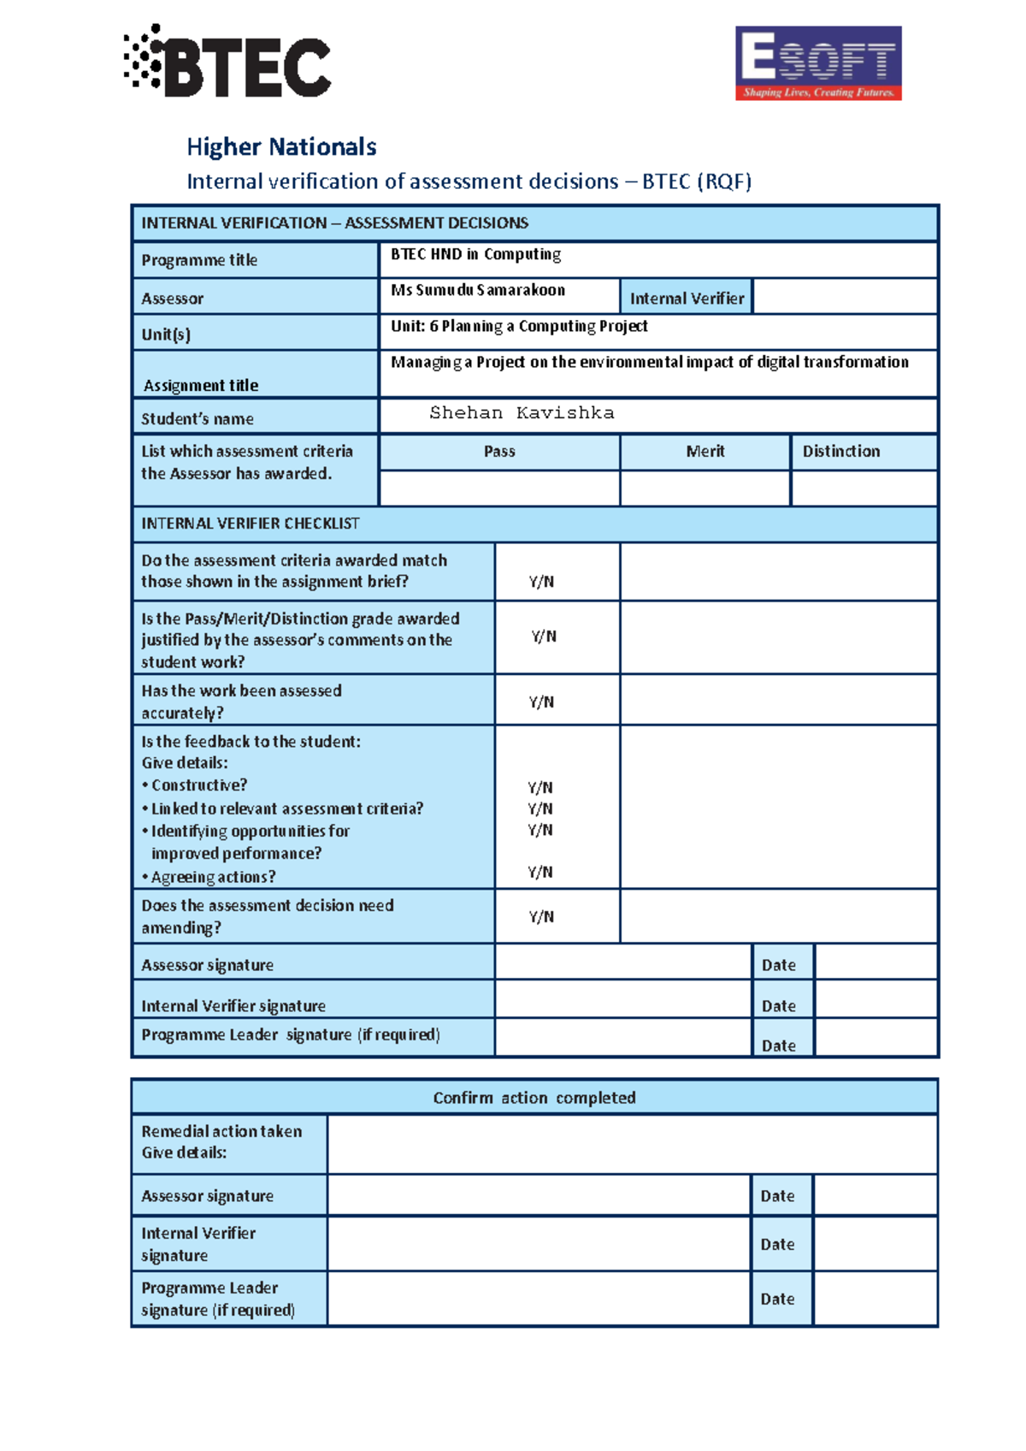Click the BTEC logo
pos(227,62)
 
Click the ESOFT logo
pos(818,63)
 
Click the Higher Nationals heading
pos(281,147)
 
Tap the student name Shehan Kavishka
pos(522,413)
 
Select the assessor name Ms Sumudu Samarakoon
pos(478,290)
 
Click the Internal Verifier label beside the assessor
pos(687,299)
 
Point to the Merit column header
pos(705,451)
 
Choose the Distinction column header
pos(841,451)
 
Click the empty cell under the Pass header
pos(499,488)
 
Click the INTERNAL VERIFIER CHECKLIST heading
pos(251,524)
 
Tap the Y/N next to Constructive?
pos(540,787)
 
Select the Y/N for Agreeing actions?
pos(540,872)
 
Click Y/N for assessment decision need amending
pos(541,916)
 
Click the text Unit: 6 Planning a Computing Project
pos(519,326)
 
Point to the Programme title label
pos(199,260)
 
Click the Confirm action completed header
pos(534,1098)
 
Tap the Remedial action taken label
pos(221,1131)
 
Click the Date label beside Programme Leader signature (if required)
pos(779,1045)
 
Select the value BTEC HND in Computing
pos(476,254)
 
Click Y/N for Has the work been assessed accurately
pos(541,702)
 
